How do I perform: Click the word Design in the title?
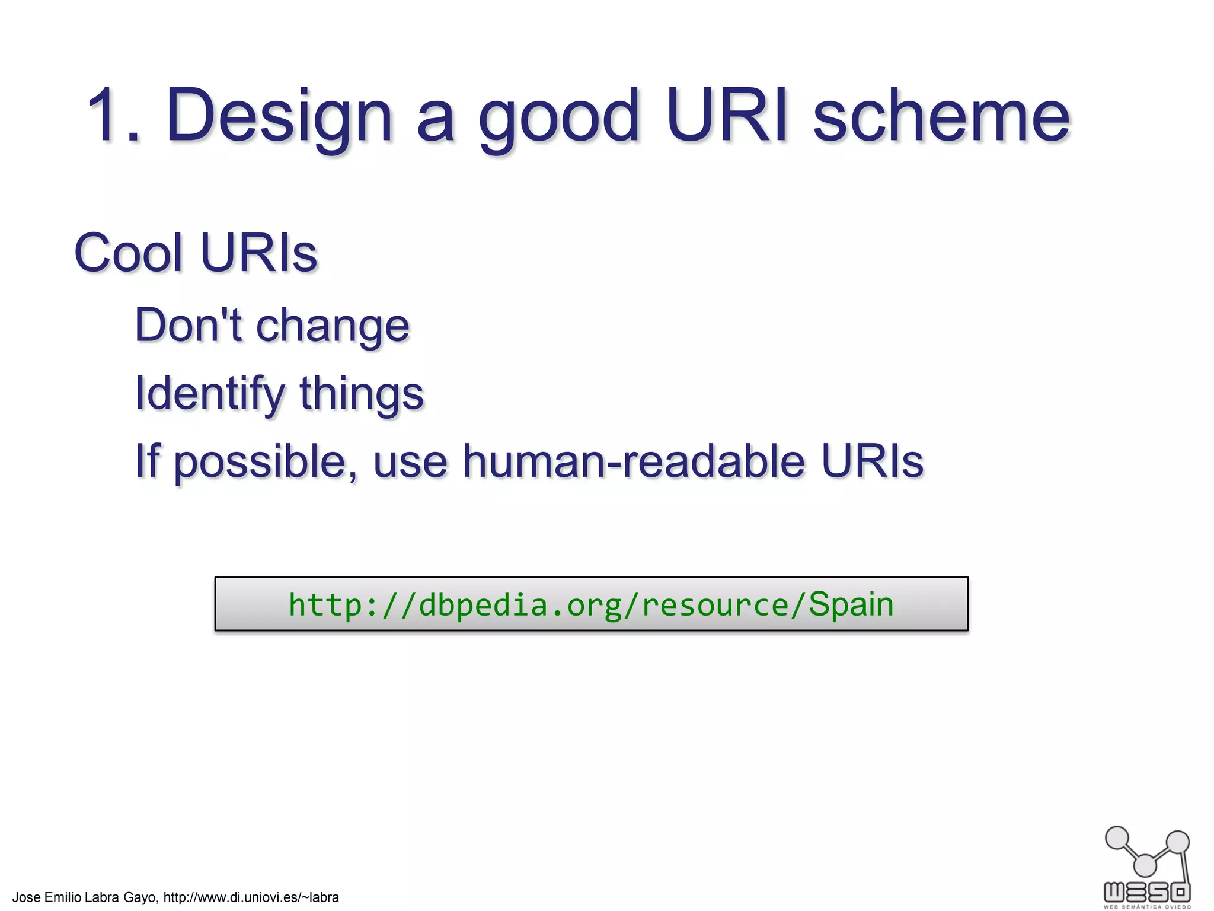pyautogui.click(x=279, y=116)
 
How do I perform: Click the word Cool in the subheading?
pyautogui.click(x=128, y=253)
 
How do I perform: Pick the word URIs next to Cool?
pyautogui.click(x=258, y=253)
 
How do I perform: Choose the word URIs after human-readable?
pyautogui.click(x=872, y=461)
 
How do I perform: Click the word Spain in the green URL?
pyautogui.click(x=851, y=604)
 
